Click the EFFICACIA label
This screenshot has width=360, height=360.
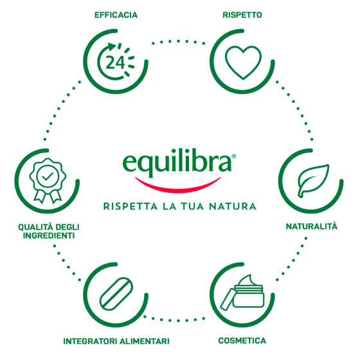(116, 15)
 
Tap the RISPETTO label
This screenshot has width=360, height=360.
(242, 15)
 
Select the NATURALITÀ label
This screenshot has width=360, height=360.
(312, 226)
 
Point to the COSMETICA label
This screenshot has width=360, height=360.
(242, 341)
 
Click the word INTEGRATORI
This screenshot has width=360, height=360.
(91, 341)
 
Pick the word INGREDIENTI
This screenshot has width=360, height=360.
(49, 236)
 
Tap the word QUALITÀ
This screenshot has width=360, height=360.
(35, 227)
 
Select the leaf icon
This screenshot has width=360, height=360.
(313, 181)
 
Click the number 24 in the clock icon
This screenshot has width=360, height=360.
(115, 62)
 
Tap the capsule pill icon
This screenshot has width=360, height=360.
(116, 294)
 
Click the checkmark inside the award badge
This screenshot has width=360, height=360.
(48, 176)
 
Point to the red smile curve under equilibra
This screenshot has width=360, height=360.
(177, 186)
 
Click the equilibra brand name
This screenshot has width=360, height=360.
(177, 163)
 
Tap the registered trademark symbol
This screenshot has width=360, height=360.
(234, 156)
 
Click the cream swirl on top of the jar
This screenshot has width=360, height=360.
(248, 280)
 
